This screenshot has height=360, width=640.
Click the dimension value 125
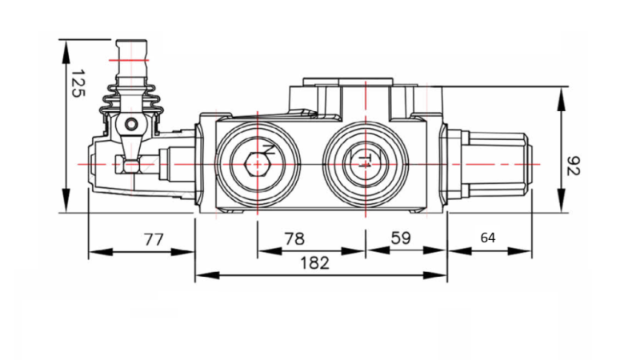tap(76, 83)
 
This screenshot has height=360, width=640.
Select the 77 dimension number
tap(153, 238)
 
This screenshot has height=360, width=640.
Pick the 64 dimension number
tap(488, 238)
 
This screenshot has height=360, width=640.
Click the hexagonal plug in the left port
tap(256, 163)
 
